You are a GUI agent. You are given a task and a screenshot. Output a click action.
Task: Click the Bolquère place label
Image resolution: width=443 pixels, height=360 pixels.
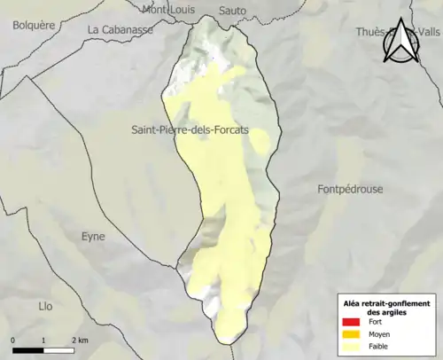(35, 26)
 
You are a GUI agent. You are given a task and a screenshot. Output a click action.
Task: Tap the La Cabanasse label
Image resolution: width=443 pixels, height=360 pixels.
(120, 29)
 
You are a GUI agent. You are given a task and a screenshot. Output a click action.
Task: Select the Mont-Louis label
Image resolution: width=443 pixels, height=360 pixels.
(172, 9)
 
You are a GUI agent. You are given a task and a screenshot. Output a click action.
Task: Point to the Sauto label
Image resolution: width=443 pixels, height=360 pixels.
(231, 10)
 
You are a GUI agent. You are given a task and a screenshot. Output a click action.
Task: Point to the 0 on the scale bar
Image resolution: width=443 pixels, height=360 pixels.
(13, 340)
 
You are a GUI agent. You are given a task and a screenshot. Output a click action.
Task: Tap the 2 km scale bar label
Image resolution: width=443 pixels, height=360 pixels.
(80, 340)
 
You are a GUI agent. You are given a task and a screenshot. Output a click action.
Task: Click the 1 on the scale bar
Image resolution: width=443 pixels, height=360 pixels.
(43, 340)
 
